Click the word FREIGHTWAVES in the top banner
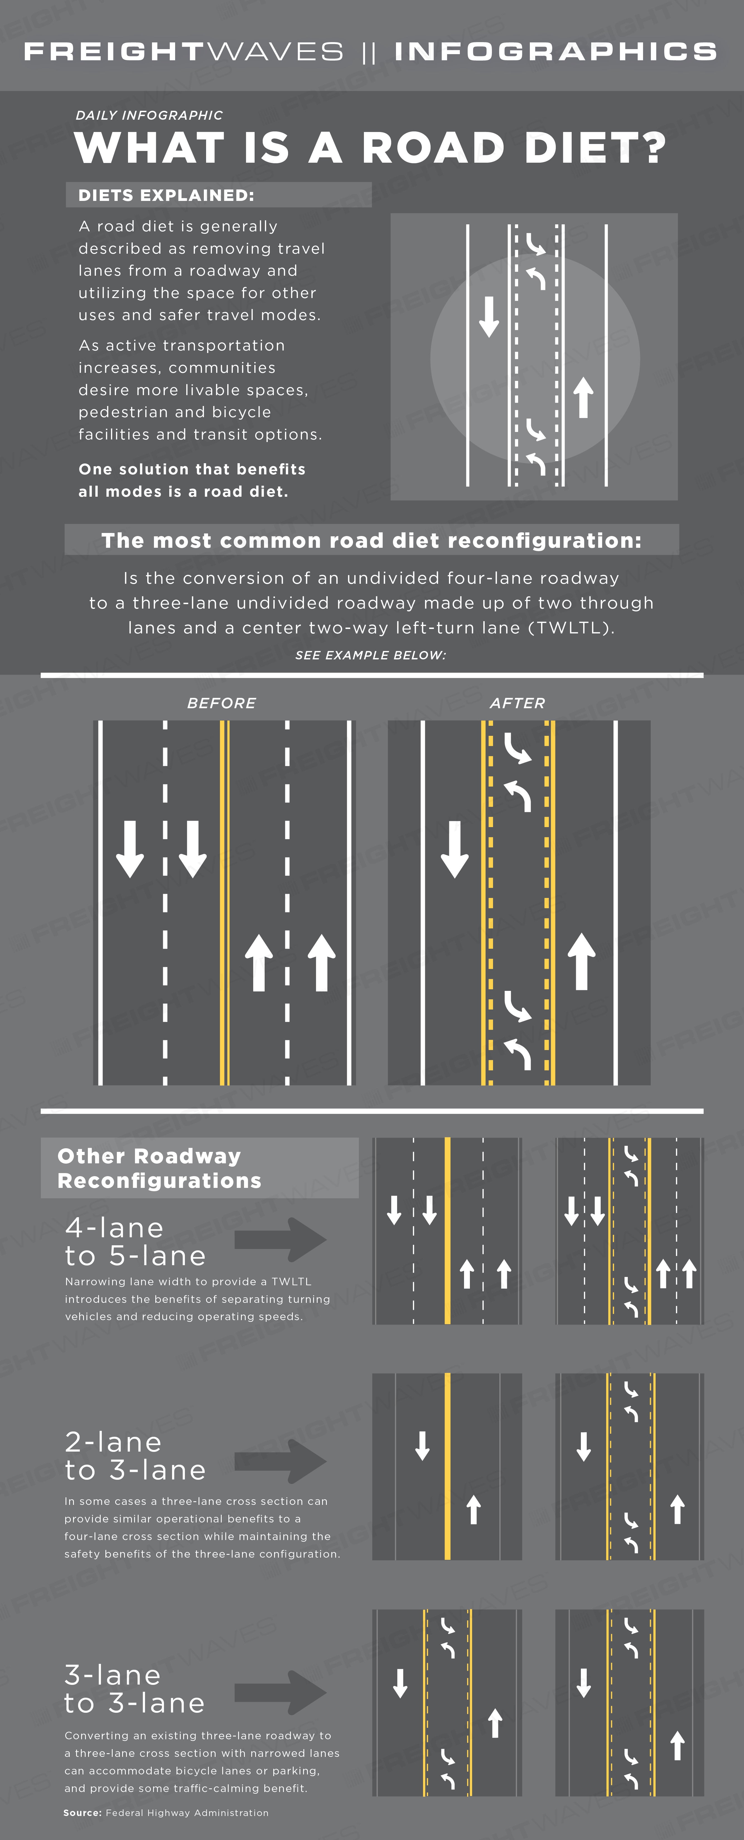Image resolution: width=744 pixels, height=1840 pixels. pos(183,51)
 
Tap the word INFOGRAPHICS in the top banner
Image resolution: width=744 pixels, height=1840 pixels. pos(555,51)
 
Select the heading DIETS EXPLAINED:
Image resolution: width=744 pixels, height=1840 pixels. pos(166,195)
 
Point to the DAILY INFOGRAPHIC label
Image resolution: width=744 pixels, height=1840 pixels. pos(149,115)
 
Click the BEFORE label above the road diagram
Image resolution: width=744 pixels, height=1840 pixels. pos(221,703)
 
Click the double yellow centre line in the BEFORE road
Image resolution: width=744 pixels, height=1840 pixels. pos(224,903)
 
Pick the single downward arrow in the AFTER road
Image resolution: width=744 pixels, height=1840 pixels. pos(455,849)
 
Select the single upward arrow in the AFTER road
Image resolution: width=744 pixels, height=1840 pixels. pos(581,961)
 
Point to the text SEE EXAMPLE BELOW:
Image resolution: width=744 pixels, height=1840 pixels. pos(371,655)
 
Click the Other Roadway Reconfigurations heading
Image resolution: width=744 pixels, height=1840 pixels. pos(159,1169)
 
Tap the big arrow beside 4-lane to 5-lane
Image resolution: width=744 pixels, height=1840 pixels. pos(281,1239)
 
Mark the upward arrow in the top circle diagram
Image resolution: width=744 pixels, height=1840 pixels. pos(583,397)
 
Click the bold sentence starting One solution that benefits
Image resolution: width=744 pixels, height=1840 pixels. pos(192,480)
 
